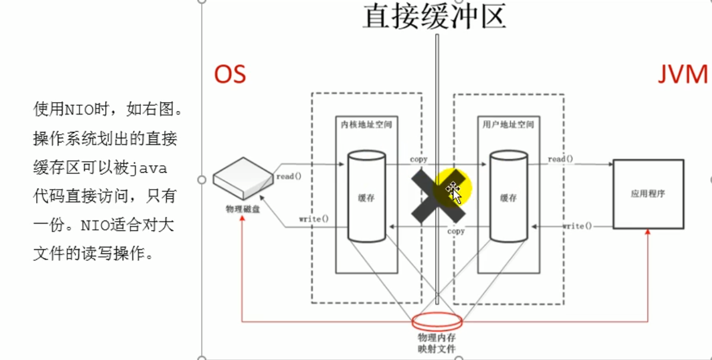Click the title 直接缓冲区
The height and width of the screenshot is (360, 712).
point(434,16)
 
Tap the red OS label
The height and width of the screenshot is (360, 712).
point(230,75)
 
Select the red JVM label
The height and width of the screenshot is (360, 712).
point(683,75)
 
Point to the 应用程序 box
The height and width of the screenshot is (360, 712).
point(648,194)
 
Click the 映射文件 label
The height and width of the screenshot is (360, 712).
point(437,348)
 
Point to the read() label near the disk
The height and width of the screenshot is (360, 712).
point(289,176)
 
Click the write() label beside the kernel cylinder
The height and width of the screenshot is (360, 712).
point(314,219)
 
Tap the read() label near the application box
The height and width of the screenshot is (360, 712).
point(560,159)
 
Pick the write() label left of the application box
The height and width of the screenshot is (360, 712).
point(577,226)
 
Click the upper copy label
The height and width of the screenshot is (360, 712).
point(418,159)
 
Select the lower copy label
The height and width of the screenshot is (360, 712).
point(456,231)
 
